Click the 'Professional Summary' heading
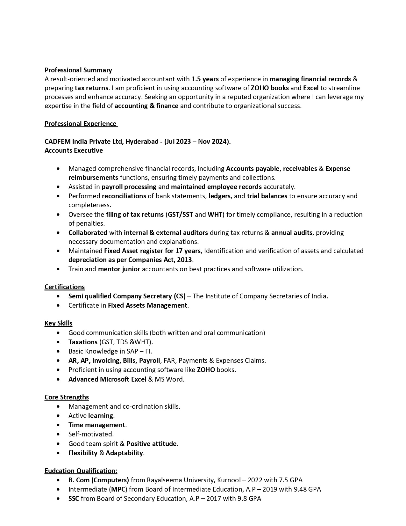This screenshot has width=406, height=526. pos(78,70)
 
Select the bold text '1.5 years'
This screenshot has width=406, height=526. pos(205,79)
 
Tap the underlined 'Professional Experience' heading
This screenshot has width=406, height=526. pos(81,124)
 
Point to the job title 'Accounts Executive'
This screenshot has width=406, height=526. pos(74,150)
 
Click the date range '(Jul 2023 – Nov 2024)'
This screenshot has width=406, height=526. pos(197,142)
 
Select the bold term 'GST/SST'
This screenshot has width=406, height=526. pos(180,215)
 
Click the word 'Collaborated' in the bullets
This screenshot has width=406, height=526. pos(88,233)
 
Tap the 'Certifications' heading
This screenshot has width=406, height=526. pos(64,287)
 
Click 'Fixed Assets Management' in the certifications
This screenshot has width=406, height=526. pos(147,305)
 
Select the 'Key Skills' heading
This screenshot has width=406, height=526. pos(58,323)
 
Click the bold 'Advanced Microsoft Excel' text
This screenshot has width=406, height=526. pos(107,379)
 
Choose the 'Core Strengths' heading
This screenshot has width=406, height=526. pos(67,397)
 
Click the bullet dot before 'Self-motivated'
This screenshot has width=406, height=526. pos(58,434)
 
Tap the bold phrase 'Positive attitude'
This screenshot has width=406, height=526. pos(151,444)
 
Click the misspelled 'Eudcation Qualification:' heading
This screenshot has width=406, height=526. pos(81,471)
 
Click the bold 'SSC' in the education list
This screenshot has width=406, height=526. pos(74,499)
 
